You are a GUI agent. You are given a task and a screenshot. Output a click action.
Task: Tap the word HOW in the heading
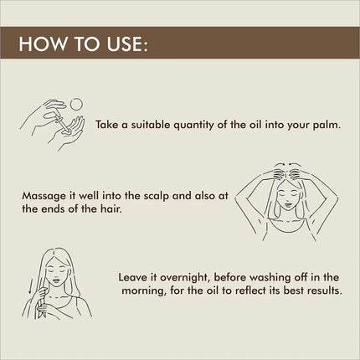coord(44,44)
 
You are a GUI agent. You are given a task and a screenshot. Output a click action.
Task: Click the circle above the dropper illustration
coord(76,104)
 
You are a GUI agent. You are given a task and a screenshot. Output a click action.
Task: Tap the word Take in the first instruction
coord(107,125)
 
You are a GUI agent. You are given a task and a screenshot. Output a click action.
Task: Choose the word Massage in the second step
coord(44,196)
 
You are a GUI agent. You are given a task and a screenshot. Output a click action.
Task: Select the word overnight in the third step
coord(185,278)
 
